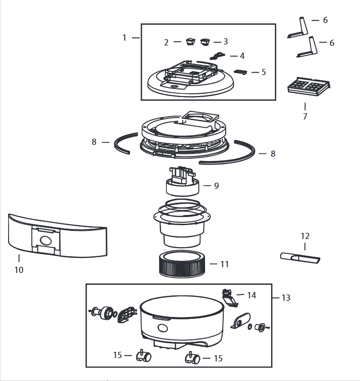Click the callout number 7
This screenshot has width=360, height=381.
305,116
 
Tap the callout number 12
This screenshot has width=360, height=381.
305,236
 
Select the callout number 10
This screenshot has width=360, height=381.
19,270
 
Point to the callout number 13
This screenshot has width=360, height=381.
286,298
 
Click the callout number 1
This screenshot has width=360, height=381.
124,38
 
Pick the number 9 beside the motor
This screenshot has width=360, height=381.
217,185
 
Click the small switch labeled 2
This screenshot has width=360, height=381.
191,42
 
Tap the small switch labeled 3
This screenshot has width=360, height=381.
205,42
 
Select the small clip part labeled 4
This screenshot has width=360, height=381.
218,56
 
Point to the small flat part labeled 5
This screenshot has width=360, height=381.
240,72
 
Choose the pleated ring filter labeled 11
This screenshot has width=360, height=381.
182,264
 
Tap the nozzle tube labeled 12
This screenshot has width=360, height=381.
300,258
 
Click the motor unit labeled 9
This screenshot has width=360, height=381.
183,182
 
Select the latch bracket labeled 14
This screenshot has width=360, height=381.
229,298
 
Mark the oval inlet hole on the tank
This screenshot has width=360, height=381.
163,328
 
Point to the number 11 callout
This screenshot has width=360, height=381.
225,264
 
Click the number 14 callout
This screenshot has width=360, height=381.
251,295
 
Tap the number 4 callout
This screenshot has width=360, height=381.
242,56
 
